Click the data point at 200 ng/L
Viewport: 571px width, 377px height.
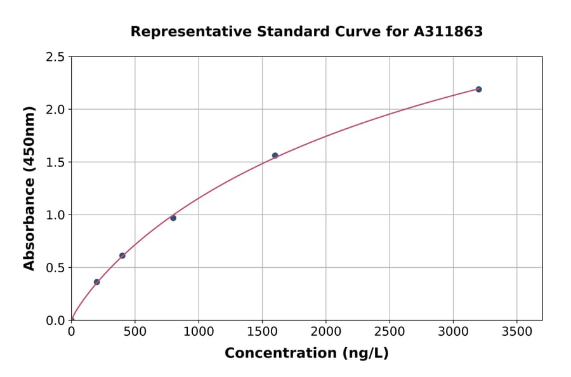pyautogui.click(x=96, y=282)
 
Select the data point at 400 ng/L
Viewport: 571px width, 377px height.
pyautogui.click(x=122, y=256)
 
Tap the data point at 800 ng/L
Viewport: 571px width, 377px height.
pyautogui.click(x=173, y=218)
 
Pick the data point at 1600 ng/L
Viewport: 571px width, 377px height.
pyautogui.click(x=275, y=155)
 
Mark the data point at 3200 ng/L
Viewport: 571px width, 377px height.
pyautogui.click(x=478, y=89)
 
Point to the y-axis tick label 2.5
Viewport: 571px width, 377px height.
pyautogui.click(x=55, y=57)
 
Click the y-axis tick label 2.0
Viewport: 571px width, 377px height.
pyautogui.click(x=55, y=110)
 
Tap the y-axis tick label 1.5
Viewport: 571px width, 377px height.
pyautogui.click(x=55, y=162)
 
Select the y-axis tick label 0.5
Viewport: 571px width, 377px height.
pyautogui.click(x=55, y=268)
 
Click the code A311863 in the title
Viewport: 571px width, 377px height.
pyautogui.click(x=449, y=32)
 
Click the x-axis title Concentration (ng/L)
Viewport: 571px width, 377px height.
pyautogui.click(x=306, y=354)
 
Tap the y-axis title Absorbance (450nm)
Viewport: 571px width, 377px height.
pyautogui.click(x=29, y=188)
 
